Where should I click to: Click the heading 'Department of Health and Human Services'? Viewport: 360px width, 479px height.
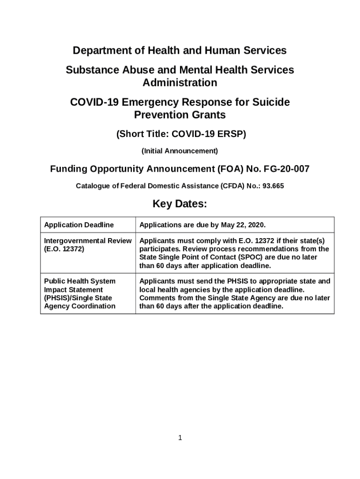point(180,51)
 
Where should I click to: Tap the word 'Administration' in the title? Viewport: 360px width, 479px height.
point(180,83)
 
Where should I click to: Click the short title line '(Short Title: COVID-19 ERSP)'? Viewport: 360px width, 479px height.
point(180,134)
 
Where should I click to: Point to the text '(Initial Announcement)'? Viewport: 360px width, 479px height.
point(180,151)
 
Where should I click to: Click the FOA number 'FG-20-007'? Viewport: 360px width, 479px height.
point(286,169)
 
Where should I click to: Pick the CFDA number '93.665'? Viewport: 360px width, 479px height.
point(274,186)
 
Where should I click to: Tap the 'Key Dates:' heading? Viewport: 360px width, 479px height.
point(180,204)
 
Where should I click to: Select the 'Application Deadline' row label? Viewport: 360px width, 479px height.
point(79,225)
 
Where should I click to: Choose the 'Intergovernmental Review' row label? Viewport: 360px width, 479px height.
point(87,240)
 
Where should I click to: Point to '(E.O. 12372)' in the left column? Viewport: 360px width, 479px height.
point(64,249)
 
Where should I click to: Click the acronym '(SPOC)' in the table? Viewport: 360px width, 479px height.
point(253,257)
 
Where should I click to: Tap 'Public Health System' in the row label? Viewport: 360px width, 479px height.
point(79,281)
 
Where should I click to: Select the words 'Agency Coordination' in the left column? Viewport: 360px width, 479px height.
point(79,306)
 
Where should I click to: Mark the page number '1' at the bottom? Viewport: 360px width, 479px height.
point(180,438)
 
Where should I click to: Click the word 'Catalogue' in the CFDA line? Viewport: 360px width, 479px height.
point(92,186)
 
